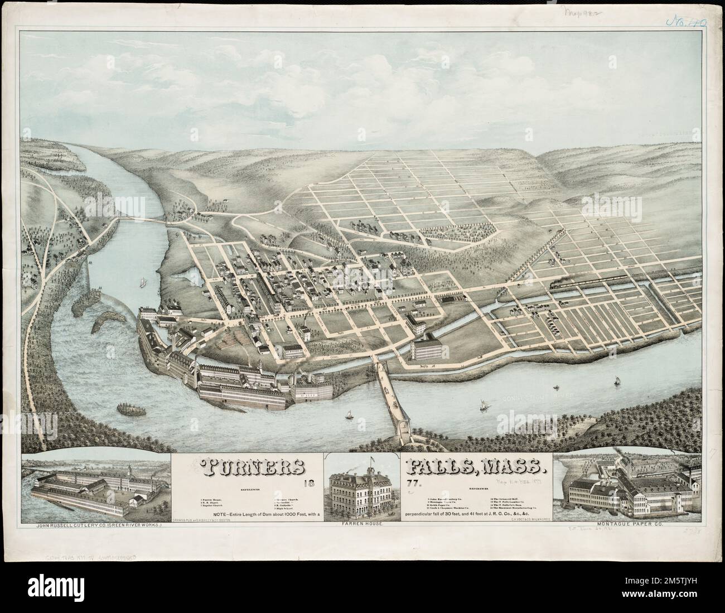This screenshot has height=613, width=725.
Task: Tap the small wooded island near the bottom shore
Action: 132,408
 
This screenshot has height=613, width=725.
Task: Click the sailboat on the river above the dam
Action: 142,283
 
